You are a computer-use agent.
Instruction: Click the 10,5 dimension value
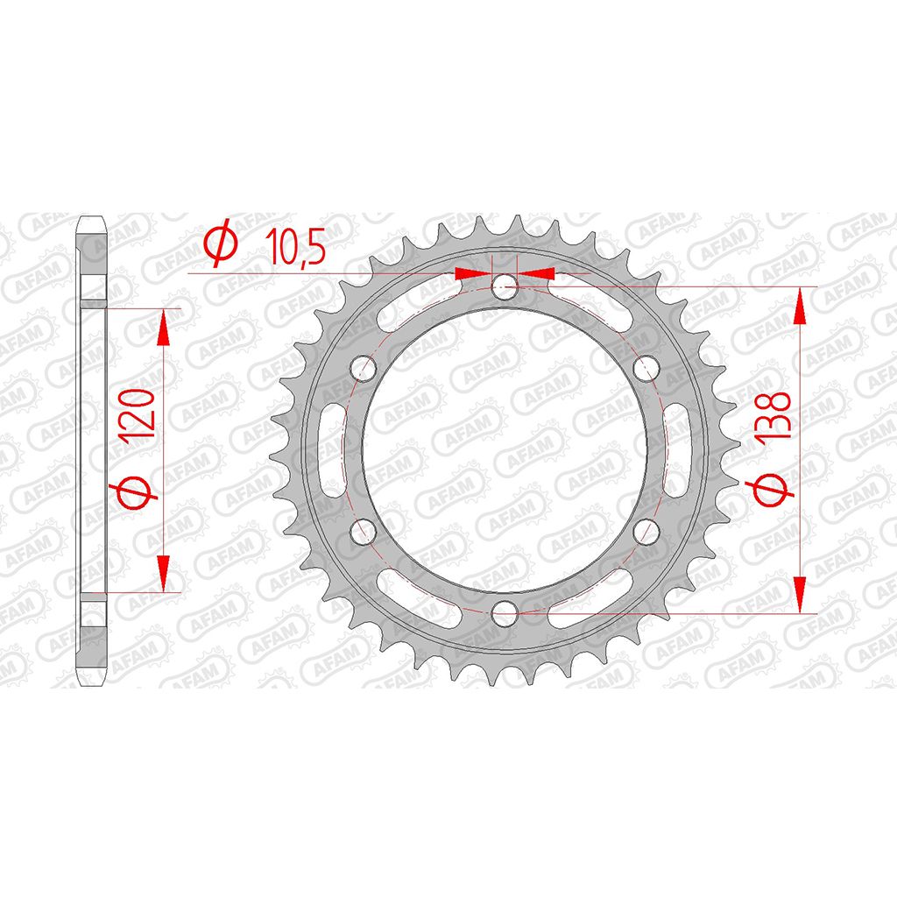296,247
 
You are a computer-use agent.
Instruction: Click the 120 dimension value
137,413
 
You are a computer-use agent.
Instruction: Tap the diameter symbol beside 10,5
221,243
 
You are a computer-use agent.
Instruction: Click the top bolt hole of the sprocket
505,287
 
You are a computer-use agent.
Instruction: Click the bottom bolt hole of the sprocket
505,613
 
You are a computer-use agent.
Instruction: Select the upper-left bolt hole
363,369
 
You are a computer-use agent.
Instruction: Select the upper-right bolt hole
646,369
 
